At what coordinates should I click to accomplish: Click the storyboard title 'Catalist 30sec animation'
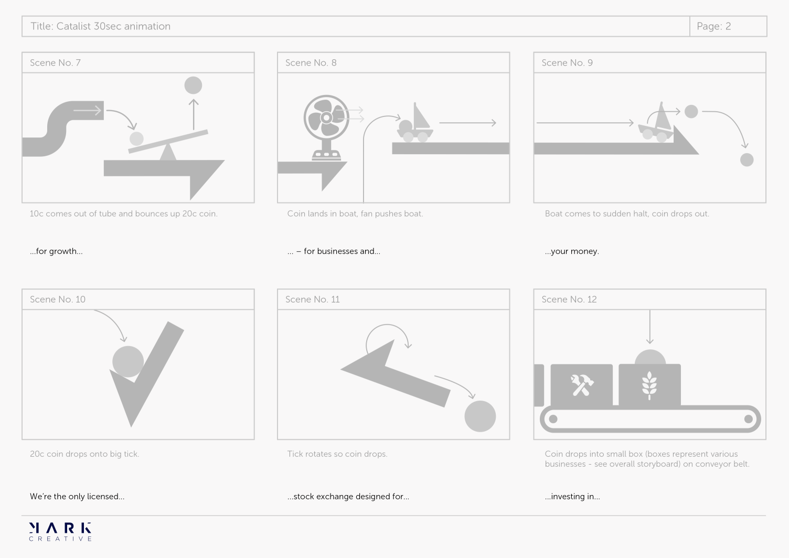(x=113, y=26)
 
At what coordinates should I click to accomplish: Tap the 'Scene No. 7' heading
(x=55, y=62)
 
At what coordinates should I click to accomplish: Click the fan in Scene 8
(x=326, y=127)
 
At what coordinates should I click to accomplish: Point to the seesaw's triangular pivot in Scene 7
(x=168, y=152)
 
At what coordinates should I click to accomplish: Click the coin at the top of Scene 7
(x=193, y=85)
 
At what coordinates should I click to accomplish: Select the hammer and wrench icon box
(x=582, y=385)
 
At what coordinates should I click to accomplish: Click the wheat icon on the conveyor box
(x=649, y=385)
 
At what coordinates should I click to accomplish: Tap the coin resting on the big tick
(x=128, y=361)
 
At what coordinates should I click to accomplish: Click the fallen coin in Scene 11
(x=480, y=416)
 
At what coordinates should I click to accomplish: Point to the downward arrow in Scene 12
(x=650, y=327)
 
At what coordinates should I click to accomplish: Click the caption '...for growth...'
(x=56, y=251)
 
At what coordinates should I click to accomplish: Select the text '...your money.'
(x=572, y=251)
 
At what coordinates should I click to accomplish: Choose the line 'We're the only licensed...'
(x=77, y=497)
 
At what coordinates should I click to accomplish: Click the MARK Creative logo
(x=60, y=532)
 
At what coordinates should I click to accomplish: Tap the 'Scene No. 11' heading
(x=313, y=299)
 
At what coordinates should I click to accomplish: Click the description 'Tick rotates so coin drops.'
(x=337, y=454)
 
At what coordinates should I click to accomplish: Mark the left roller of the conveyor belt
(x=553, y=419)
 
